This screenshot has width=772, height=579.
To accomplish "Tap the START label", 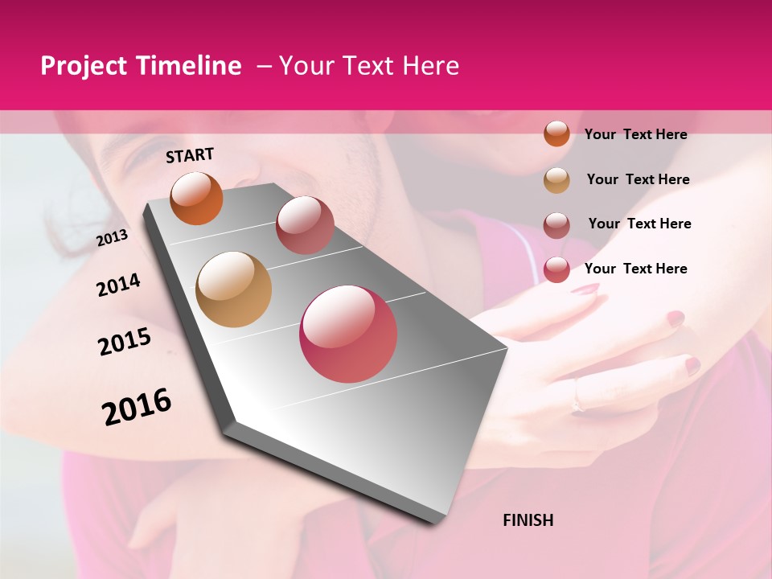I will (x=190, y=155).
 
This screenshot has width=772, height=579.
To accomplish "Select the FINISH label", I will (x=528, y=520).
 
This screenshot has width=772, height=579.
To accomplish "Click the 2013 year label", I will (x=112, y=238).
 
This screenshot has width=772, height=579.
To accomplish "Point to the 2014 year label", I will (x=118, y=285).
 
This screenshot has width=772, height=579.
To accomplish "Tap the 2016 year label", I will (x=137, y=406).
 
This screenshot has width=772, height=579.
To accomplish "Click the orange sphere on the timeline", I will (x=197, y=198).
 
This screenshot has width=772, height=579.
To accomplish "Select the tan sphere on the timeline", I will (x=233, y=289).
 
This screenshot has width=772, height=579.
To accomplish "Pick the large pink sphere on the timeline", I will (x=348, y=333).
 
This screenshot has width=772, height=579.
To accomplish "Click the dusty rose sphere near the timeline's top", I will (x=305, y=225).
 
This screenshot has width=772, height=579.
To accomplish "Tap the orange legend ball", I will (x=556, y=133).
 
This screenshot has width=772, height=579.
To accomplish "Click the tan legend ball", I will (x=556, y=180).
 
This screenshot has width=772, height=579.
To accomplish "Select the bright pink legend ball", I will (x=556, y=269).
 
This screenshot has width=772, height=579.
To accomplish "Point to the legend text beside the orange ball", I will (x=635, y=134).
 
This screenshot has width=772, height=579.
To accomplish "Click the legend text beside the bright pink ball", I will (x=635, y=269).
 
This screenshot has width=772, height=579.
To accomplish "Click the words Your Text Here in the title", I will (x=369, y=66).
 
